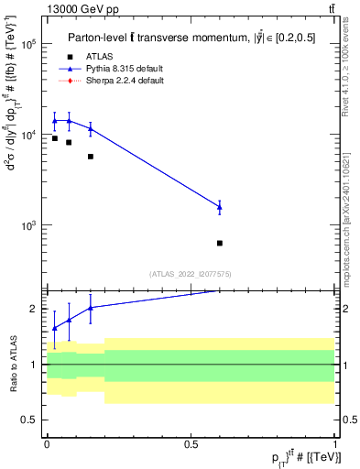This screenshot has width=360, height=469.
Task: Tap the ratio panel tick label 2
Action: [x=34, y=309]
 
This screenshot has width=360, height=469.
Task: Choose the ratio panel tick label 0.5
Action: [x=29, y=420]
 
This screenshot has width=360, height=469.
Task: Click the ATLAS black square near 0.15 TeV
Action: [x=91, y=157]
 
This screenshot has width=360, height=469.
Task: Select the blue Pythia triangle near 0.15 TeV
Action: [x=91, y=128]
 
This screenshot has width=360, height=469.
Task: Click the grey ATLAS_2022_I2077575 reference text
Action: [x=191, y=273]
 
